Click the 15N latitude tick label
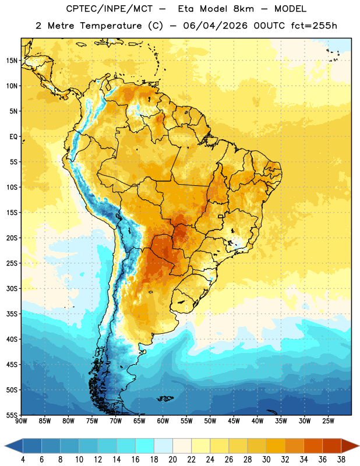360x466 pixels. coord(12,61)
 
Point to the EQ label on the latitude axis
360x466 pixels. coord(13,137)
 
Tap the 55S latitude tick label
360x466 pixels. coord(12,415)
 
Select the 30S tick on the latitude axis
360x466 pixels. coord(12,288)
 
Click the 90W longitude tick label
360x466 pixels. coord(21,421)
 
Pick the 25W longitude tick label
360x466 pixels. coord(328,421)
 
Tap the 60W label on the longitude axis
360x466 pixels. coord(163,421)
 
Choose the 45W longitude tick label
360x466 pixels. coord(234,421)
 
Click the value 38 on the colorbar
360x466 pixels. coord(341,460)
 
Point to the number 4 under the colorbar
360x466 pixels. coord(23,460)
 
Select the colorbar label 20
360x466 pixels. coord(172,460)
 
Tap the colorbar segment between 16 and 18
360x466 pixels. coord(144,446)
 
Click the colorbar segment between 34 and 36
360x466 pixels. coord(313,446)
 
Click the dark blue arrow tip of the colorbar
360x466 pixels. coord(5,446)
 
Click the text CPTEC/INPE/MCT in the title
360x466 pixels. coord(109,9)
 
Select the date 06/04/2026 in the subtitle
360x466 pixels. coord(215,26)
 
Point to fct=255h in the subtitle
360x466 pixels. coord(314,26)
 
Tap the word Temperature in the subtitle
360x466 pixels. coord(111,26)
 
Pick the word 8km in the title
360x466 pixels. coord(243,9)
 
